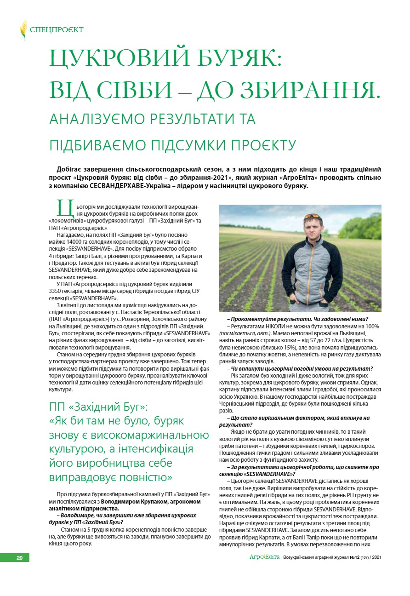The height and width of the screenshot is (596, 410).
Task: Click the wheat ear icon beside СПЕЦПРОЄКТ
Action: coord(23,30)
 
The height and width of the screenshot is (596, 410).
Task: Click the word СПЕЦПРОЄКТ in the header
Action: coord(57,30)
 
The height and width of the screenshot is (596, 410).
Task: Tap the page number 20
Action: coord(20,558)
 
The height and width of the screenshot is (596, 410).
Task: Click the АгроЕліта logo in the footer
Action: coord(264,557)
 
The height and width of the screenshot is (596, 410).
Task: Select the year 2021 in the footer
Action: coord(376,558)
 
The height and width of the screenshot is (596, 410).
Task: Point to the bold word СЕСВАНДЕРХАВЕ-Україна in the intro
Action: coord(165,186)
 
